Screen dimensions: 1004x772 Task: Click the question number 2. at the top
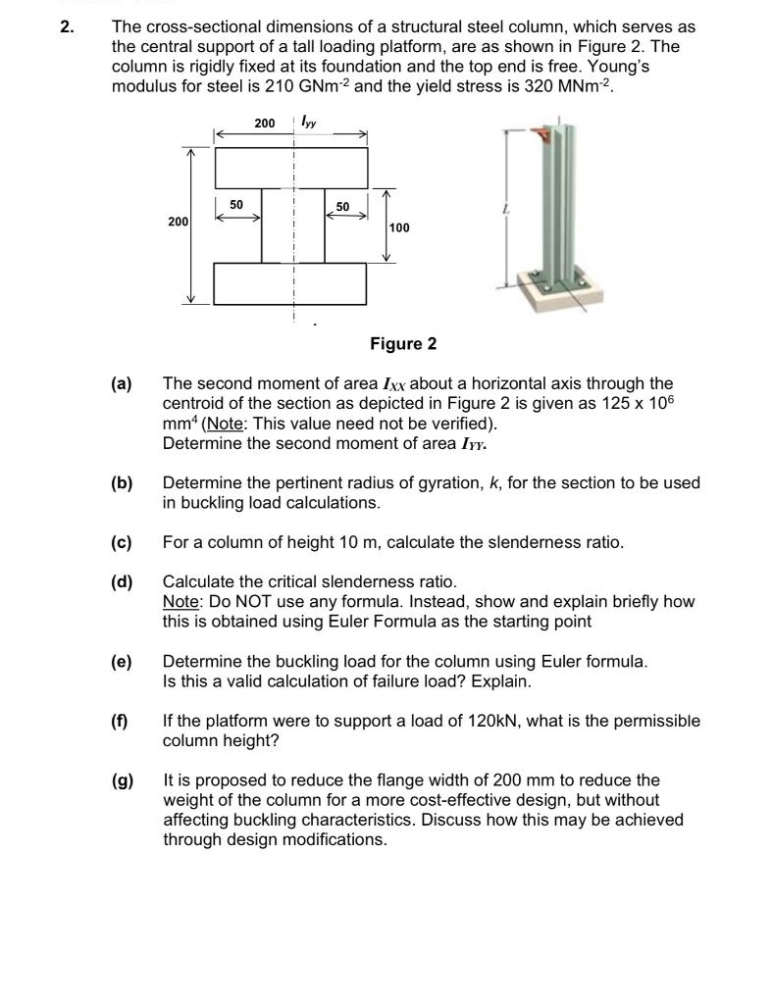point(66,27)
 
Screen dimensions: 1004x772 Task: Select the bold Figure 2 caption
point(403,343)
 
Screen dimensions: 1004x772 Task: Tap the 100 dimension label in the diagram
point(401,227)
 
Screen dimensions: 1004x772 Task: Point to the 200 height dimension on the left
point(178,223)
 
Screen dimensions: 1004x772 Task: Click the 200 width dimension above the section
point(264,124)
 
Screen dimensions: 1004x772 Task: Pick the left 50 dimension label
point(236,203)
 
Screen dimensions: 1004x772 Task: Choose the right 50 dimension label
point(341,207)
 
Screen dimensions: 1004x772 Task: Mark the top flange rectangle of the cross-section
point(291,168)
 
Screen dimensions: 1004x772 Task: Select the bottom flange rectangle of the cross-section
point(289,283)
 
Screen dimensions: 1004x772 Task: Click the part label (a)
point(122,384)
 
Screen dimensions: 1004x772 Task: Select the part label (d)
point(122,582)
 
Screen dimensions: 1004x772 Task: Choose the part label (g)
point(122,780)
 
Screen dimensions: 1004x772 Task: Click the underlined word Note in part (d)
point(180,602)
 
